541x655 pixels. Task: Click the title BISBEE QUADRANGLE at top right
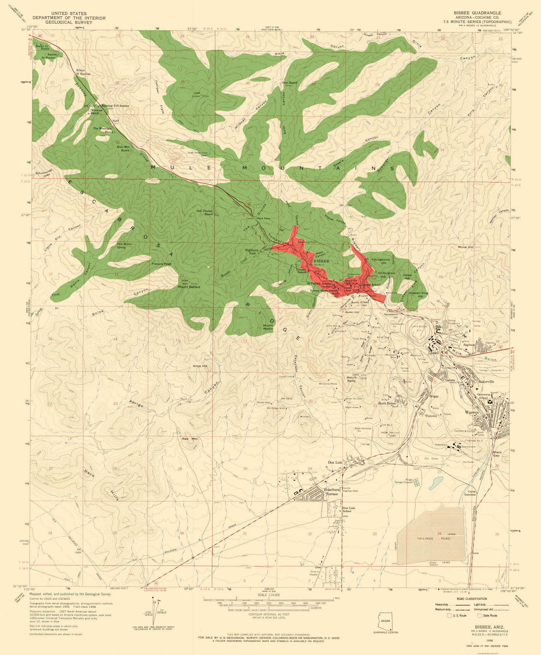click(x=482, y=12)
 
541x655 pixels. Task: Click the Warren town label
click(x=472, y=412)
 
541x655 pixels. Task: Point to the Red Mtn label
click(x=190, y=438)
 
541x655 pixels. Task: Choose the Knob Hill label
click(x=200, y=366)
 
